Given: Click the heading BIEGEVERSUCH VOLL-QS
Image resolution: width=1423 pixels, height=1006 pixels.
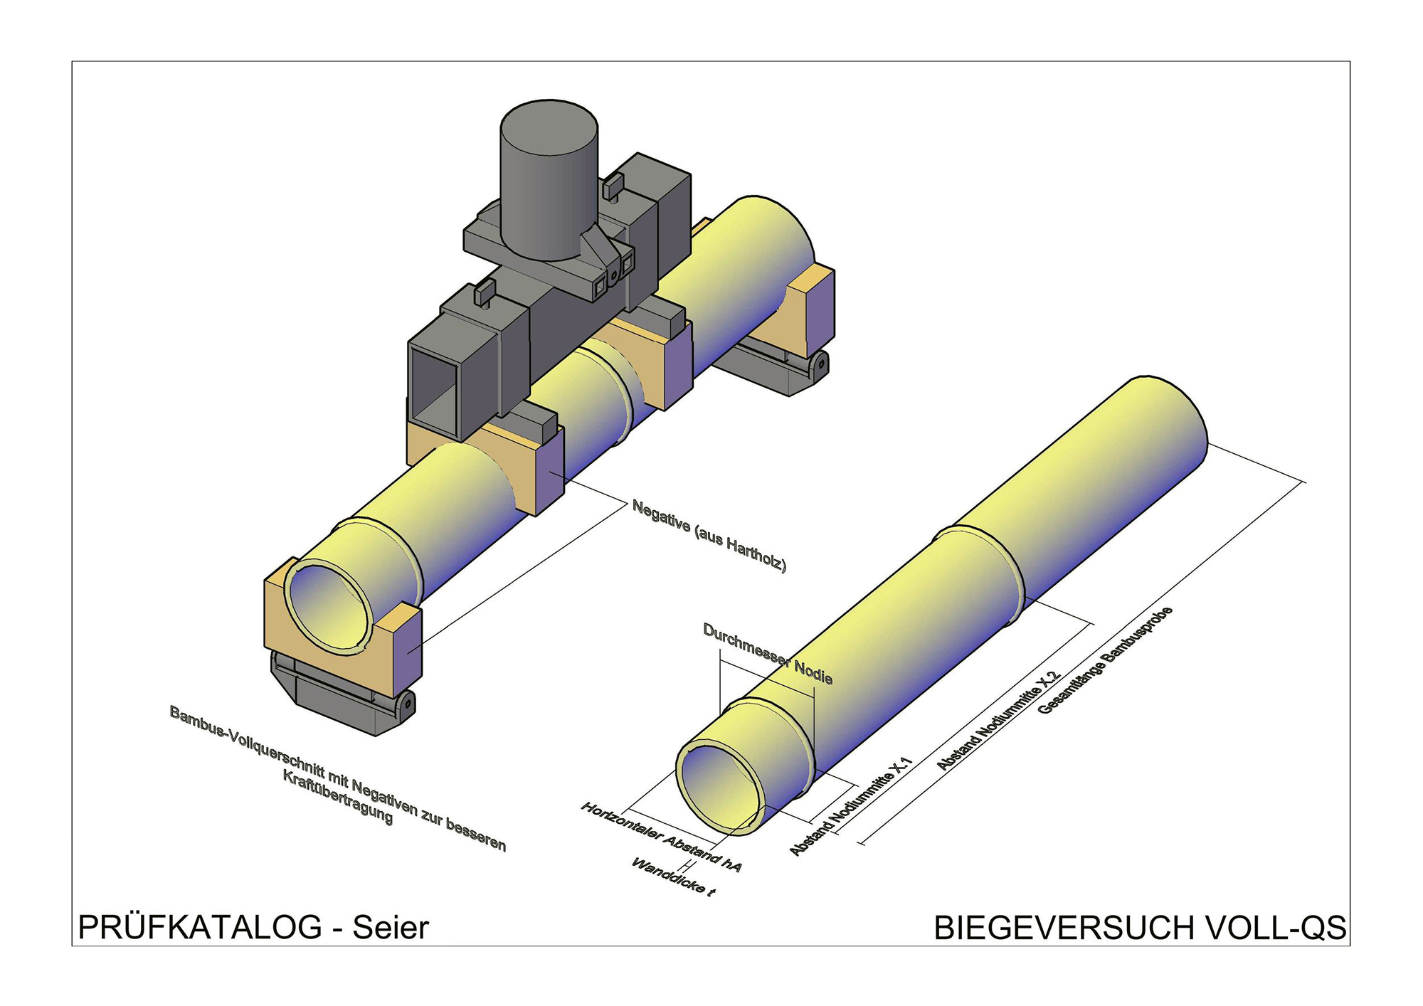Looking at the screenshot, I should [x=1140, y=928].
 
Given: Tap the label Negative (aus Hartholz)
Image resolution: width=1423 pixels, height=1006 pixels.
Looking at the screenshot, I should [x=709, y=536].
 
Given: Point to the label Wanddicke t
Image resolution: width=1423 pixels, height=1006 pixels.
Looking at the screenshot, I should [x=672, y=877].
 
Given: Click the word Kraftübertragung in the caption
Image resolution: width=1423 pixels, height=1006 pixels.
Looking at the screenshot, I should [x=337, y=797].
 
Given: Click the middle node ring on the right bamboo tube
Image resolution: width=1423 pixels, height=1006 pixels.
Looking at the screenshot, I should [x=982, y=569].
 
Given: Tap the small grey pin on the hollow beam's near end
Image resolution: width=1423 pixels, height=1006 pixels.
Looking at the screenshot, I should [x=484, y=293].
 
